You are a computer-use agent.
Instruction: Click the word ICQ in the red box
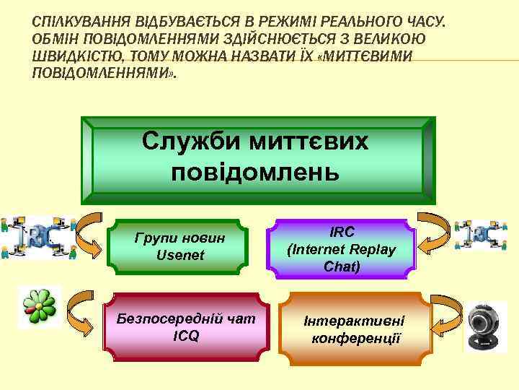tap(185, 336)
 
